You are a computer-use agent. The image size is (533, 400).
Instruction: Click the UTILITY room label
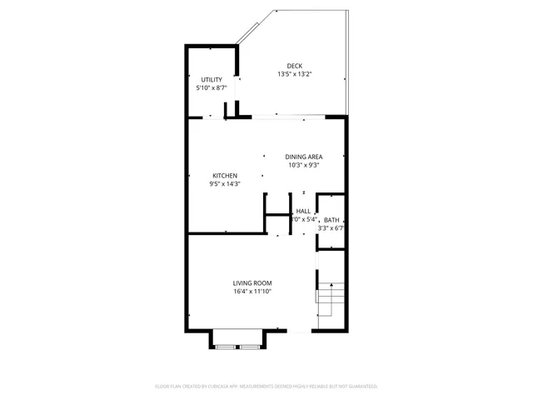(x=212, y=80)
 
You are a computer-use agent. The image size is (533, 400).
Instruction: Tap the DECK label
(x=295, y=67)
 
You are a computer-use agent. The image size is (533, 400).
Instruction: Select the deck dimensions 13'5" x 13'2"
(x=295, y=74)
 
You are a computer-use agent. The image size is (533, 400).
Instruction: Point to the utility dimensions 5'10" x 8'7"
(x=212, y=87)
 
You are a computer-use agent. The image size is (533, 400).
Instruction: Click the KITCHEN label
(x=225, y=176)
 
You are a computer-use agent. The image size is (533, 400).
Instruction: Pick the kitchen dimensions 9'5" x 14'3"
(x=225, y=183)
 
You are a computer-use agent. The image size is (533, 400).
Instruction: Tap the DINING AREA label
(x=304, y=157)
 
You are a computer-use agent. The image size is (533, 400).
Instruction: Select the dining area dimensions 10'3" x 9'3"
(x=304, y=165)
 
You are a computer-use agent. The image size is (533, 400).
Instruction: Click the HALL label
(x=303, y=212)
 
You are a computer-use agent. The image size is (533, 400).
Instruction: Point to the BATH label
(x=331, y=220)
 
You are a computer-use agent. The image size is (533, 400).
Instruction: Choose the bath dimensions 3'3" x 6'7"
(x=331, y=227)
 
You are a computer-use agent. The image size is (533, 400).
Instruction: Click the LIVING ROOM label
(x=252, y=283)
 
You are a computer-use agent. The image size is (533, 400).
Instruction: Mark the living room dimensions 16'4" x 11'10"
(x=252, y=292)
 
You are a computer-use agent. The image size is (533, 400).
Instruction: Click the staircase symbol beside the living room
(x=330, y=300)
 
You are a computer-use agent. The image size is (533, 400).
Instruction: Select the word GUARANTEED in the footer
(x=361, y=387)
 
